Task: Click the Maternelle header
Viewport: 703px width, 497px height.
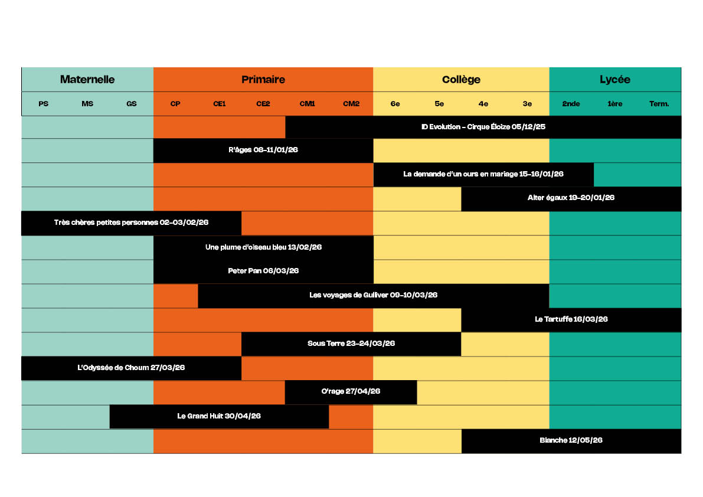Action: pyautogui.click(x=87, y=79)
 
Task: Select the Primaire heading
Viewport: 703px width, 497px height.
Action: pyautogui.click(x=263, y=79)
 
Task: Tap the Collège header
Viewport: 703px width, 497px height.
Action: pyautogui.click(x=461, y=79)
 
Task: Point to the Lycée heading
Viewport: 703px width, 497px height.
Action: pyautogui.click(x=615, y=79)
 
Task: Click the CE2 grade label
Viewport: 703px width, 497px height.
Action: pyautogui.click(x=263, y=104)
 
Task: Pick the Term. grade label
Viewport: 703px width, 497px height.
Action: pyautogui.click(x=659, y=104)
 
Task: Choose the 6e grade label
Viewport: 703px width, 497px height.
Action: pyautogui.click(x=395, y=104)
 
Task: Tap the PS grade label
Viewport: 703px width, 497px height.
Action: pyautogui.click(x=43, y=104)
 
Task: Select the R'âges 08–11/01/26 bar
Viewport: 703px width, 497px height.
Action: pyautogui.click(x=263, y=150)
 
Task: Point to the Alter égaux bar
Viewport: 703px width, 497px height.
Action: pyautogui.click(x=571, y=198)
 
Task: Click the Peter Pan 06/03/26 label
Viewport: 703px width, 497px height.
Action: pyautogui.click(x=263, y=271)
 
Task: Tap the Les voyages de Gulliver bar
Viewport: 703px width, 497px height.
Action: pyautogui.click(x=373, y=295)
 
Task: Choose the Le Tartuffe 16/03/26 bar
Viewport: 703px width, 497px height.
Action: pyautogui.click(x=571, y=319)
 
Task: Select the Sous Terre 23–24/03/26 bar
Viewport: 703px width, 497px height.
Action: pyautogui.click(x=351, y=344)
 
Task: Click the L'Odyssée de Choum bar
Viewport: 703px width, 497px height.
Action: pyautogui.click(x=131, y=368)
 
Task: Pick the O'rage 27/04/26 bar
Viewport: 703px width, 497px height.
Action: pyautogui.click(x=351, y=391)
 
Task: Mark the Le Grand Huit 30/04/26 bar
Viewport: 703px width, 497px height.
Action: pyautogui.click(x=219, y=416)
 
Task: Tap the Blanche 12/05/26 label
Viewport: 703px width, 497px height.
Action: pyautogui.click(x=571, y=440)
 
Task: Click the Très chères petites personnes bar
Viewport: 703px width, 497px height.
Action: pyautogui.click(x=131, y=223)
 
